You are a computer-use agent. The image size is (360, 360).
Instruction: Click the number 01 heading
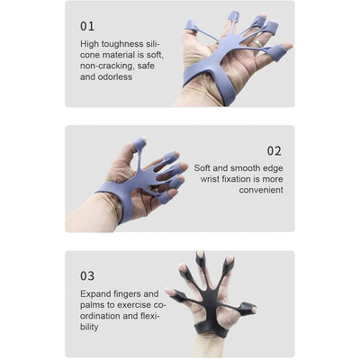pos(87,26)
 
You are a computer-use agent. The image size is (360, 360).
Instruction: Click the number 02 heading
pos(274,151)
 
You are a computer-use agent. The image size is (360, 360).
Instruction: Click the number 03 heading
pos(87,275)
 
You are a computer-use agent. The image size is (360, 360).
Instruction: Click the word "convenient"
pos(261,190)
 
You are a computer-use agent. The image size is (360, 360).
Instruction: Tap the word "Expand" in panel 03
pos(95,294)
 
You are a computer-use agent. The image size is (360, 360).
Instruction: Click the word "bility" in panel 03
pos(89,327)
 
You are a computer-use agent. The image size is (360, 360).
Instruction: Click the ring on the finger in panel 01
pos(258,44)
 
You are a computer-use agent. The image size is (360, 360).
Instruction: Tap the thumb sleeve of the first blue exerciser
pos(191,26)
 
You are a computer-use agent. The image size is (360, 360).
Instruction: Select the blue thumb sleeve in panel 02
pos(139,144)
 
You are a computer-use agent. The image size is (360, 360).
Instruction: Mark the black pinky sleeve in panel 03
pos(247,309)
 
